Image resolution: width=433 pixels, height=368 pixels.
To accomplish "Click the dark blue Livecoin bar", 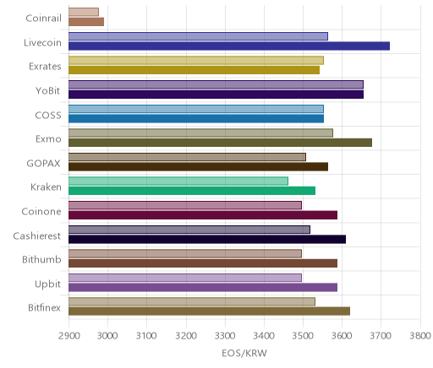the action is point(229,46).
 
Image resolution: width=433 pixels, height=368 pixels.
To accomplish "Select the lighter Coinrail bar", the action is point(84,12).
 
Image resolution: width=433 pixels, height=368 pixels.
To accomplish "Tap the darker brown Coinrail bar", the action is point(86,22).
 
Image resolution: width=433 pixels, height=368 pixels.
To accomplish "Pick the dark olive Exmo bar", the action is point(220,143).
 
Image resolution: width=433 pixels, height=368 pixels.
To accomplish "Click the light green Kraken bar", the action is point(178,181).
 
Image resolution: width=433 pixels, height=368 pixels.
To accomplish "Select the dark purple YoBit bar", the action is point(216,95).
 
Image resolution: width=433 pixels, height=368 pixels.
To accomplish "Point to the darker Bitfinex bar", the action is point(209,311).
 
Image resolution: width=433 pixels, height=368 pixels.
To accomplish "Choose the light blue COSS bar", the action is point(196,109).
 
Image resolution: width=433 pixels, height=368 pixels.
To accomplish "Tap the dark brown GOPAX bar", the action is point(198,167).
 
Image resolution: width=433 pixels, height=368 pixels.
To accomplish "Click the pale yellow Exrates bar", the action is point(196,61).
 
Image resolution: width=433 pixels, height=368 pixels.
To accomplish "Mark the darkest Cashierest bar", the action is point(207,240).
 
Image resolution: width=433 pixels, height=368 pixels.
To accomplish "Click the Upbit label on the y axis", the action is point(47,284).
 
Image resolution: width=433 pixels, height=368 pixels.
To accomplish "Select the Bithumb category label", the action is point(41,259).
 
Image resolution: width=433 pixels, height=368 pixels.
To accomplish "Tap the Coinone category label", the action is point(41,211).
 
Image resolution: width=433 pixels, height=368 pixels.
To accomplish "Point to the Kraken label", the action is point(46,187).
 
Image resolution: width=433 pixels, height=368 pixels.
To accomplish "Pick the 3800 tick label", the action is point(420,336).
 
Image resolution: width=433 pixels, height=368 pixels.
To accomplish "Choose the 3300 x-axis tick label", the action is point(225,336).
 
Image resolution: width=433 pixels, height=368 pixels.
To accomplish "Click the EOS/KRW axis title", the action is point(244,353).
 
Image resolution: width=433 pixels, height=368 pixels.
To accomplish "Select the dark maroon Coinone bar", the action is point(203,215).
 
